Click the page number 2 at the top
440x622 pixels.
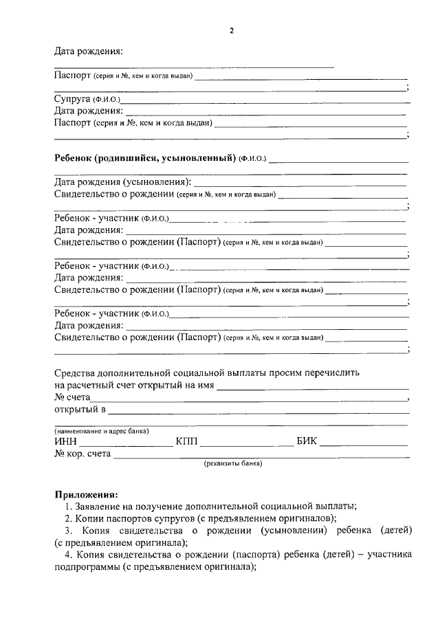pos(232,31)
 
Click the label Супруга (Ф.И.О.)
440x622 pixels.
pos(87,99)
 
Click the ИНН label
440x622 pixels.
pos(66,442)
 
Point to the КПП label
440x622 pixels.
pos(186,442)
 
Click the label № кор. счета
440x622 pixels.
pos(82,454)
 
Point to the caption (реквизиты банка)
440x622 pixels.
pos(232,464)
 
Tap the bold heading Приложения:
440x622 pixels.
pos(86,494)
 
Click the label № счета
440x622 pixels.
pos(71,397)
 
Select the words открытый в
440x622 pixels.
pos(80,410)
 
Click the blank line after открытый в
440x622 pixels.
pos(258,413)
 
